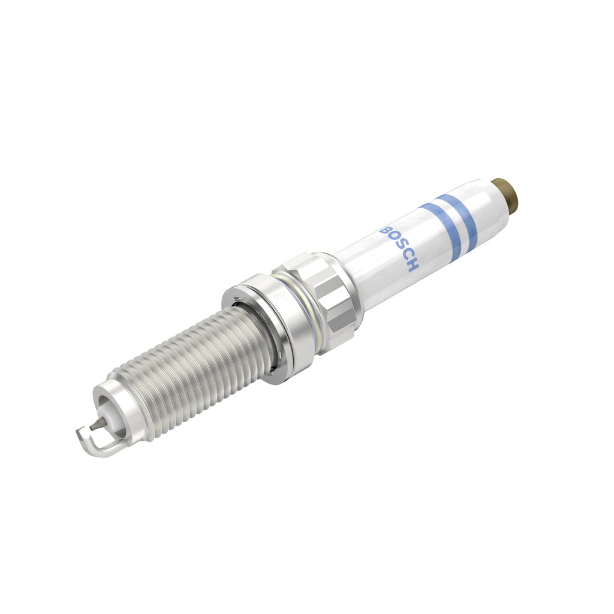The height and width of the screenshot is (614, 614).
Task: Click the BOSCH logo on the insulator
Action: pos(400,248)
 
